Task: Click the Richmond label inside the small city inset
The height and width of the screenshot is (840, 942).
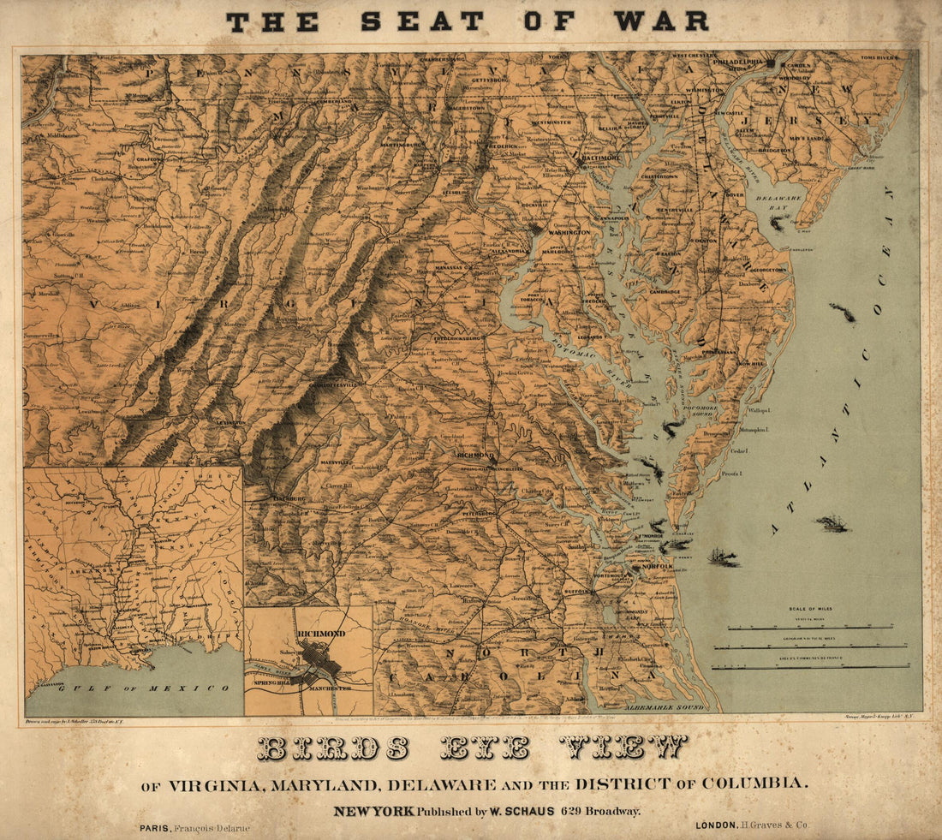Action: click(321, 633)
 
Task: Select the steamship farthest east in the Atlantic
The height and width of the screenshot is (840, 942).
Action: click(832, 523)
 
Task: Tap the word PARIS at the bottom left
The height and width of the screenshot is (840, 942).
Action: click(153, 828)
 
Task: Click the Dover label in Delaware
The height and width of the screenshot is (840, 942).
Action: click(734, 194)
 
